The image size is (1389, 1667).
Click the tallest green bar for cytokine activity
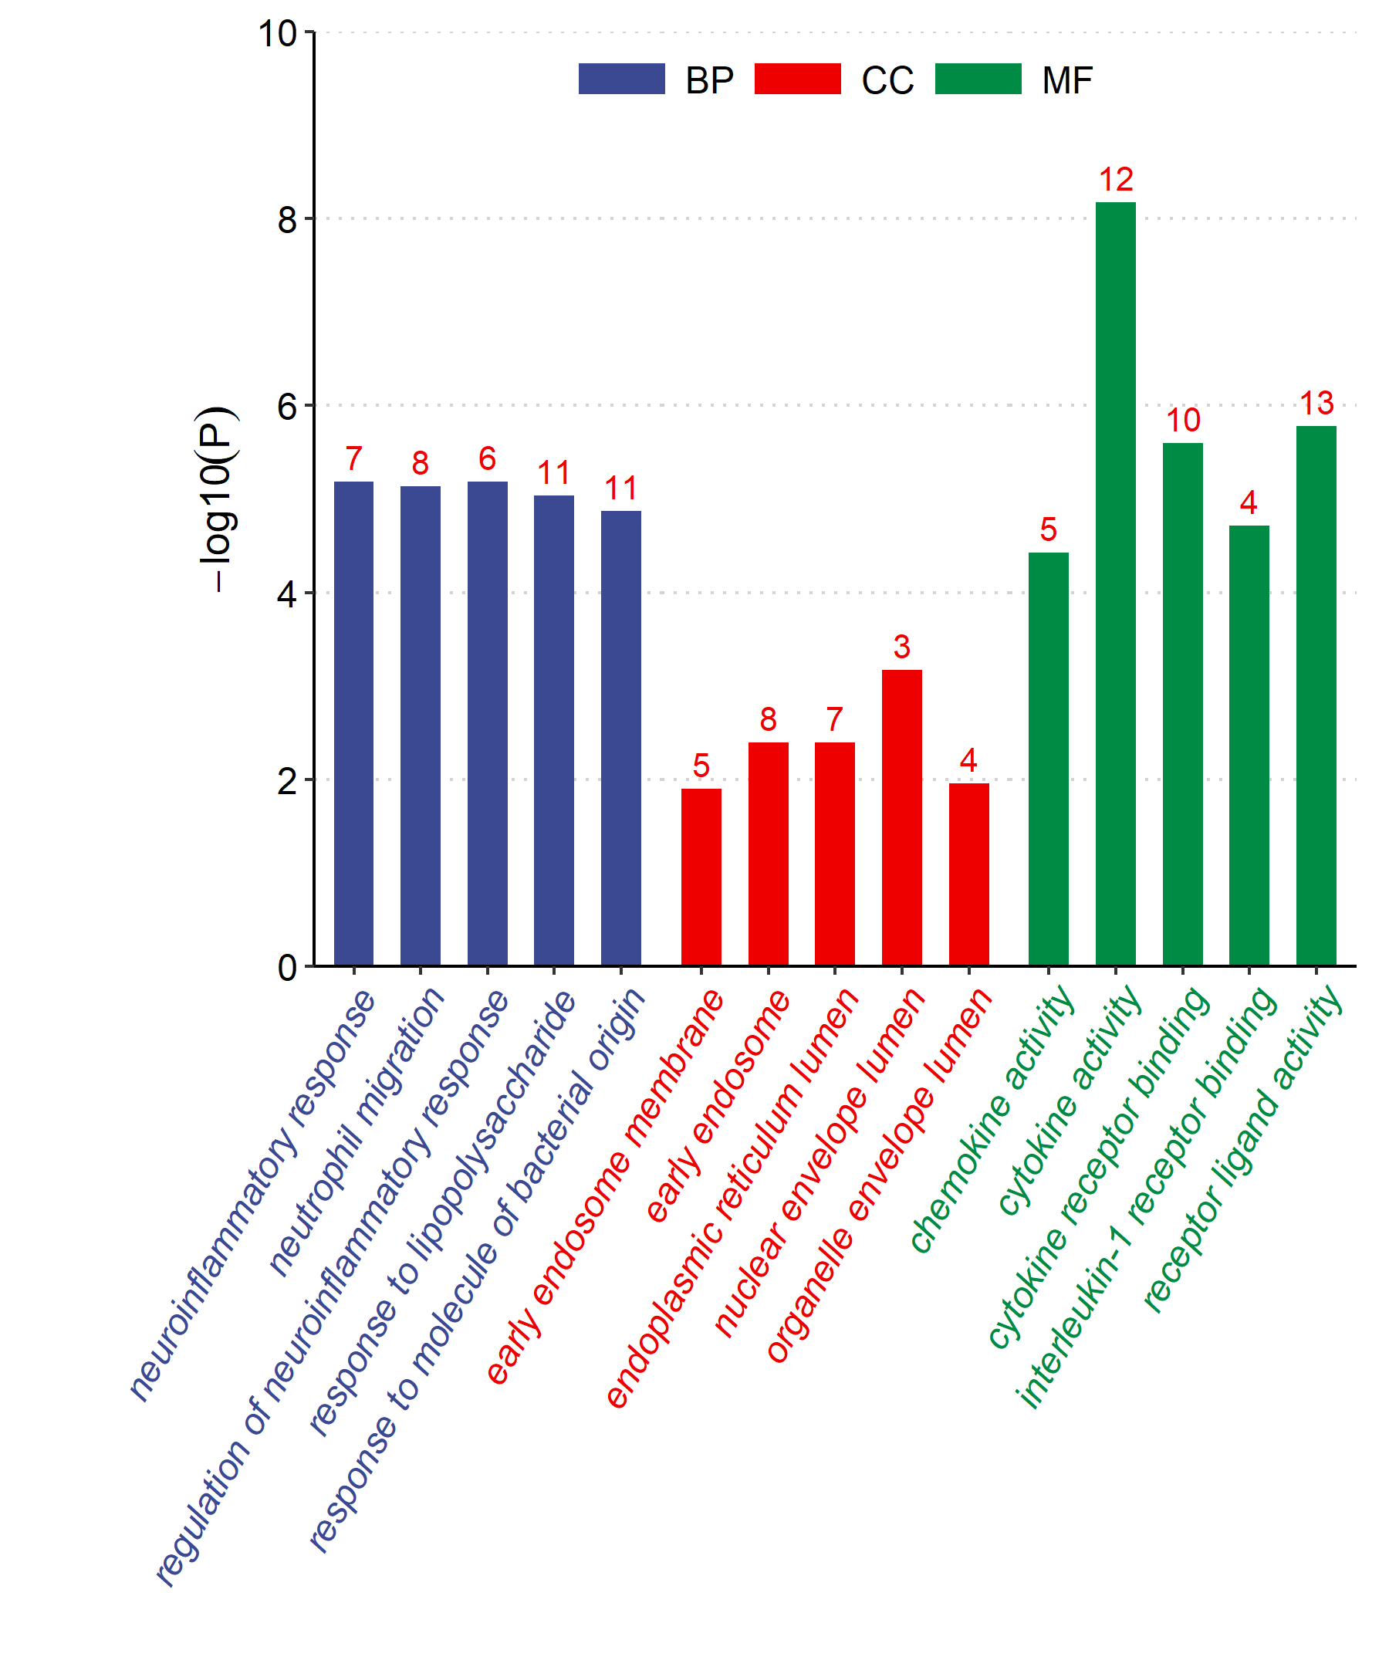[1115, 583]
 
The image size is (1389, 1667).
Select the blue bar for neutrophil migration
[420, 725]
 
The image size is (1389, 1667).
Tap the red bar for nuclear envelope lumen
[901, 817]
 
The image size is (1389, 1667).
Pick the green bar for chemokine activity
[1049, 759]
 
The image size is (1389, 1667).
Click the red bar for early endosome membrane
[701, 877]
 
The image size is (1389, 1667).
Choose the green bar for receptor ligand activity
[1316, 695]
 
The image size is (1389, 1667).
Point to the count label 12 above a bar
[1115, 180]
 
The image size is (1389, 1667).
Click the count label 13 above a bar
[1316, 404]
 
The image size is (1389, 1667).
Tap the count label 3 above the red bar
[901, 647]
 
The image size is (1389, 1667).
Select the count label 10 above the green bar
[1183, 421]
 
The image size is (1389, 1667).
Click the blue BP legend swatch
[621, 79]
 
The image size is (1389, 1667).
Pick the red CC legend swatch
[798, 79]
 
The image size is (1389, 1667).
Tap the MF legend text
[1066, 80]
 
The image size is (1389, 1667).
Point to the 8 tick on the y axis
[287, 219]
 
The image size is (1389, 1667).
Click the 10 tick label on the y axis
[277, 34]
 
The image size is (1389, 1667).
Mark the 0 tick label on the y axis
[287, 968]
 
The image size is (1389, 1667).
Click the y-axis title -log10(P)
[216, 499]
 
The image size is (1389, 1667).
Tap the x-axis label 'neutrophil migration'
[357, 1131]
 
